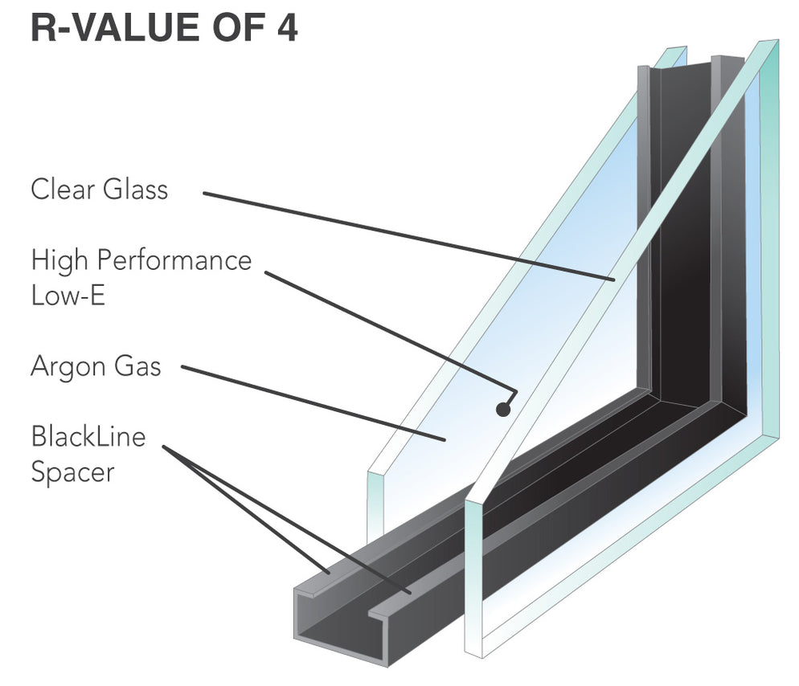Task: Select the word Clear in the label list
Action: [x=64, y=190]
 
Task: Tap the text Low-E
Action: [x=68, y=295]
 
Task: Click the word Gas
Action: [x=138, y=367]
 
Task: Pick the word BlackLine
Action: [x=88, y=438]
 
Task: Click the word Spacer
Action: [x=72, y=472]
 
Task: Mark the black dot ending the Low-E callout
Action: [x=503, y=409]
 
